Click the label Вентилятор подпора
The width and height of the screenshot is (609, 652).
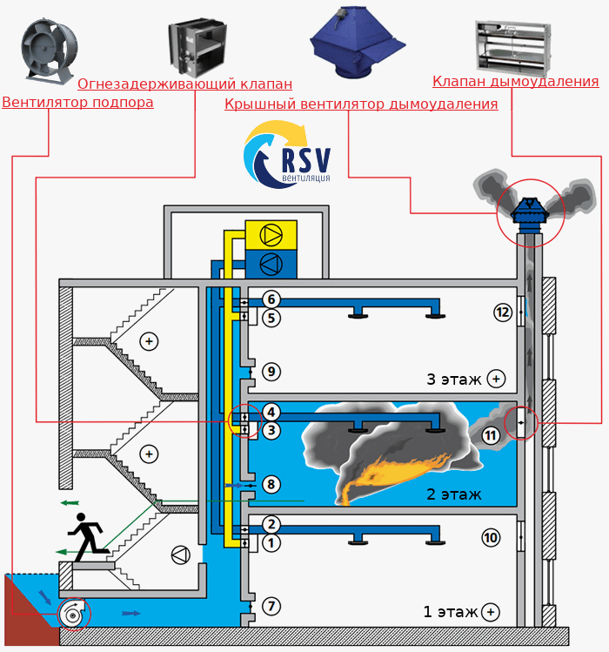[77, 103]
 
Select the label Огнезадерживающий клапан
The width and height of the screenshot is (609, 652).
[184, 84]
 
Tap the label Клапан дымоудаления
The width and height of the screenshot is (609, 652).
[515, 82]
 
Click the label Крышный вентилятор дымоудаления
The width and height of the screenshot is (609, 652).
[361, 104]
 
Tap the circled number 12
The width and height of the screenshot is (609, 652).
[501, 312]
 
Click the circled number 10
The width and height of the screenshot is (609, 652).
[491, 538]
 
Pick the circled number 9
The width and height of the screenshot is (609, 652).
[271, 372]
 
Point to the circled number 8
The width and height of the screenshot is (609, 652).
[271, 484]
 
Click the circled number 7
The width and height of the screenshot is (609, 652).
[271, 605]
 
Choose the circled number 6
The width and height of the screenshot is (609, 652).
[271, 299]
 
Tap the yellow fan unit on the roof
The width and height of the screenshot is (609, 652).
[271, 235]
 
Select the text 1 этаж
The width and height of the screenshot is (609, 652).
[451, 612]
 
